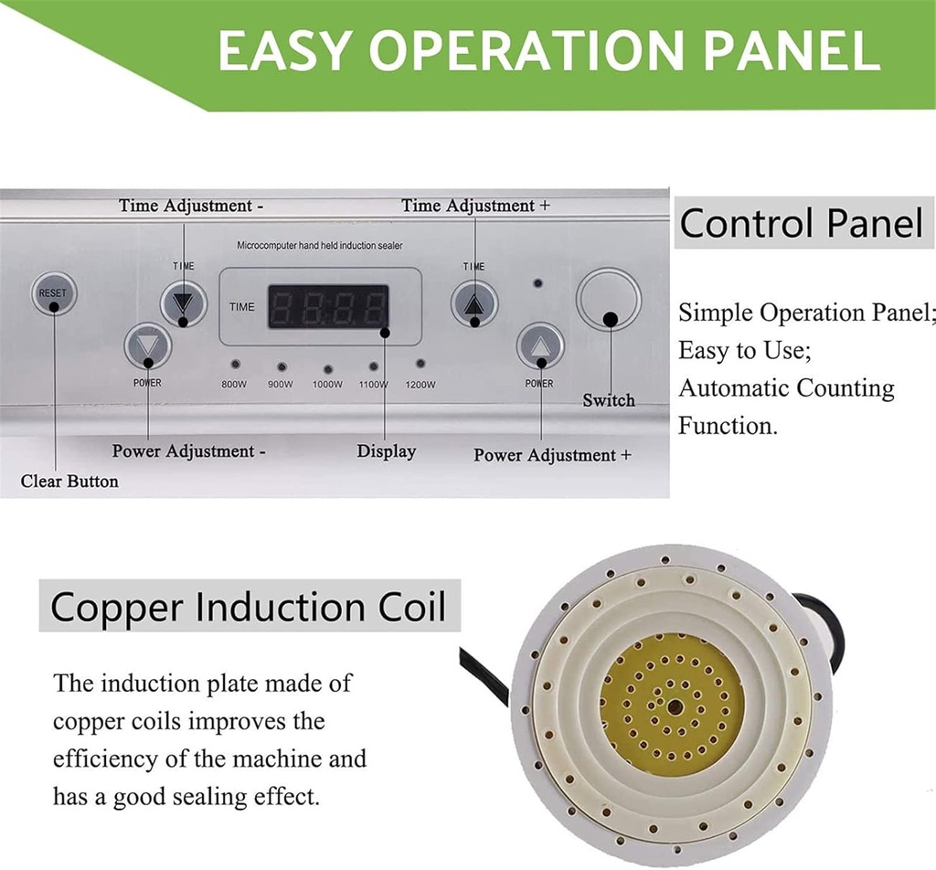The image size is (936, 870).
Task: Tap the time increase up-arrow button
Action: pos(473,303)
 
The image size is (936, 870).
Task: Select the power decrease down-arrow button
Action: pos(147,346)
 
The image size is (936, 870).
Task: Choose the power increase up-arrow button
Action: pos(539,346)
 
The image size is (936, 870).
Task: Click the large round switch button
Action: pos(608,299)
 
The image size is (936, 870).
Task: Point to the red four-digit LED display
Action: pos(327,307)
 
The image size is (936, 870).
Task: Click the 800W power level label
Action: pos(234,385)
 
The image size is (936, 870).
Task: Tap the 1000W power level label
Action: pos(327,385)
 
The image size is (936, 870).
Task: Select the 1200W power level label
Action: pos(420,385)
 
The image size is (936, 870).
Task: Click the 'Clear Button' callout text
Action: pos(69,481)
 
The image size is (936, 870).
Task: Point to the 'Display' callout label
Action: pos(386,451)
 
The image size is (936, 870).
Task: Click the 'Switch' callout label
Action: pos(609,400)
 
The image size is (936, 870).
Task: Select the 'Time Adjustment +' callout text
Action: pos(475,206)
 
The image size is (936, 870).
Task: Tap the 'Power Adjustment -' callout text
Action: pos(189,451)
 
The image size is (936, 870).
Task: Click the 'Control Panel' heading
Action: pos(802,223)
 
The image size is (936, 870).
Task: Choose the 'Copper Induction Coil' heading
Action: pos(249,607)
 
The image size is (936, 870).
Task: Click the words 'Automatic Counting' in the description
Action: pos(786,388)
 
